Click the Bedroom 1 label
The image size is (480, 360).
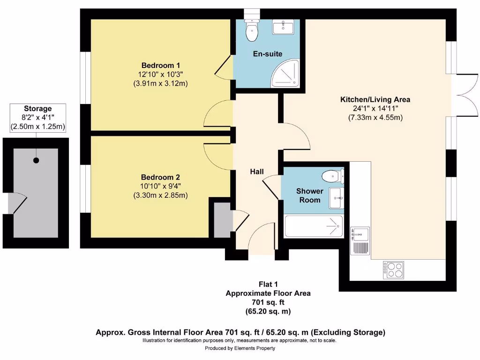pos(160,65)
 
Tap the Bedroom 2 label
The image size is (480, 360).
pos(160,177)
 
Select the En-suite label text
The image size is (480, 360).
pos(268,54)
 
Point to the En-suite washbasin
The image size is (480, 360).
pos(283,27)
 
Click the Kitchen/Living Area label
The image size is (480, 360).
pos(375,99)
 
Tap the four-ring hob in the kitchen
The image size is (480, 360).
pos(393,270)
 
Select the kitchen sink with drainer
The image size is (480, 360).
pos(360,240)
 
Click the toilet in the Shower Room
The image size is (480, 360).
pos(333,176)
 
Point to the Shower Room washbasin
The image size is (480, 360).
pos(337,198)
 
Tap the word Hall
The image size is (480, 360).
pos(257,172)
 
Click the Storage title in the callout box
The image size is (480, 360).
pos(37,109)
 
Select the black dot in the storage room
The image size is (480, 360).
pos(36,160)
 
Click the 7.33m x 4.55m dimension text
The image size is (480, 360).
pos(375,117)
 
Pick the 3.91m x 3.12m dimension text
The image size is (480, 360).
pos(160,83)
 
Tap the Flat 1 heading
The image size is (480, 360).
pos(268,285)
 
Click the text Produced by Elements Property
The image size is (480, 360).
pos(240,348)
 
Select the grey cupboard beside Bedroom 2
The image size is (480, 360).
pos(222,220)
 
